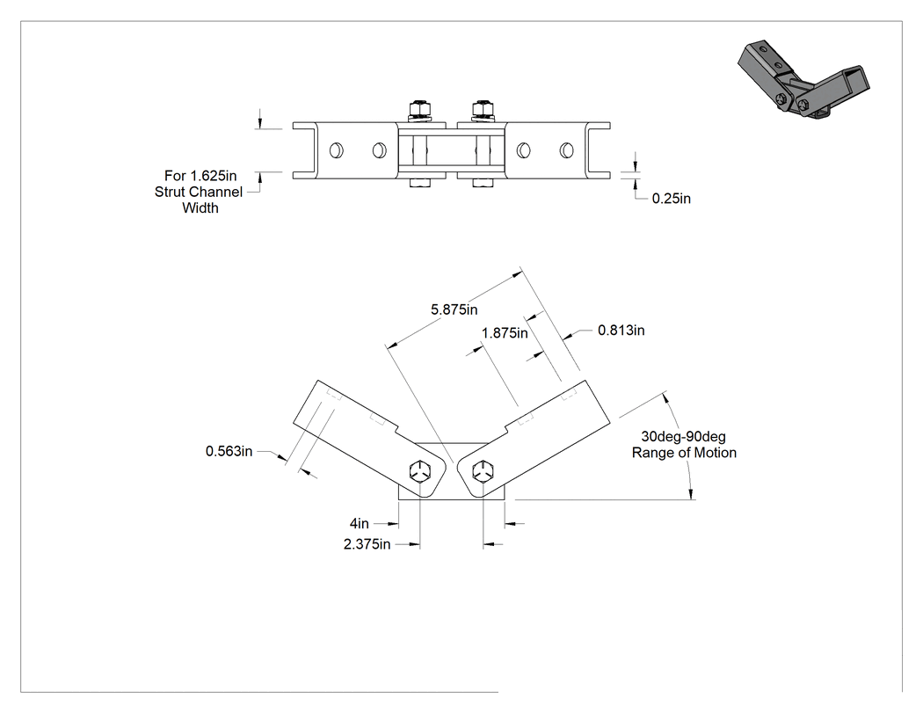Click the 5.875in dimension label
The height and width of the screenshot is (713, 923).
[454, 309]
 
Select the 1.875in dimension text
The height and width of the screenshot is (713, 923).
[505, 333]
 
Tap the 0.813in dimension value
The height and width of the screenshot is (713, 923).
[621, 331]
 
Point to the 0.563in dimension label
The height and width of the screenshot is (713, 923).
[229, 451]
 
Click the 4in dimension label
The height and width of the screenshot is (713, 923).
[359, 523]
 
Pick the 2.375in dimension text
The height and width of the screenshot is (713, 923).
[367, 544]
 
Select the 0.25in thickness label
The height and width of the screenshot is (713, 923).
[671, 199]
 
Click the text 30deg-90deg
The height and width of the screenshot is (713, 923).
[683, 437]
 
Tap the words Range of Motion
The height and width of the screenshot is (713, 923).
[684, 453]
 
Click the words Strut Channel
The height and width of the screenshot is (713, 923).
[199, 192]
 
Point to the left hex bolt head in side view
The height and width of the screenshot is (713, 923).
[420, 472]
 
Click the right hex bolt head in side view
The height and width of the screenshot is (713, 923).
[483, 472]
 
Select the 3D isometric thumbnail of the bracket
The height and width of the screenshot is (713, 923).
[803, 81]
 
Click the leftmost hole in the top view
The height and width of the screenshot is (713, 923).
[336, 150]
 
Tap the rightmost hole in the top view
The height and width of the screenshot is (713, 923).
[566, 150]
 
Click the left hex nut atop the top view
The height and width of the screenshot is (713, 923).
[419, 108]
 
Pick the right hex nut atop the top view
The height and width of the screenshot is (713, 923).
[482, 108]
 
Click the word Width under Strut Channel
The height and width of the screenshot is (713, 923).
[200, 207]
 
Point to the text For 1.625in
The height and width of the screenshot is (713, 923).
[200, 176]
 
